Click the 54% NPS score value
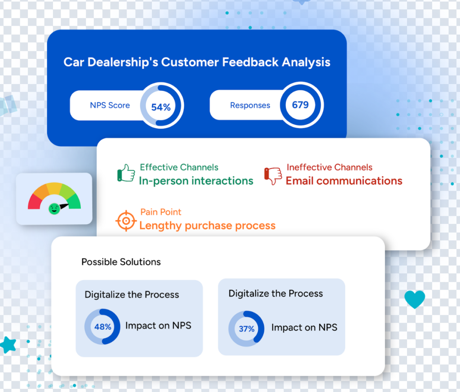click(x=161, y=107)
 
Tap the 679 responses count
click(x=301, y=105)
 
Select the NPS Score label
click(x=110, y=105)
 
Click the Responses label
click(x=250, y=106)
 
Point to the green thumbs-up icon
click(x=126, y=173)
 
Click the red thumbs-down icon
click(x=273, y=176)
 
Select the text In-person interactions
click(x=196, y=181)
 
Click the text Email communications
click(x=344, y=181)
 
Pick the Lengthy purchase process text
click(x=207, y=225)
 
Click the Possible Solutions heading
click(x=121, y=262)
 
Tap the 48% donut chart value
click(x=102, y=327)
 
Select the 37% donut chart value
click(x=246, y=329)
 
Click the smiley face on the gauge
click(x=54, y=208)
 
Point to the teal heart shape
click(x=414, y=299)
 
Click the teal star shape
click(x=8, y=344)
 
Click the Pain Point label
click(x=161, y=212)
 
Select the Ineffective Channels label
click(x=329, y=167)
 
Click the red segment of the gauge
click(x=34, y=202)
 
